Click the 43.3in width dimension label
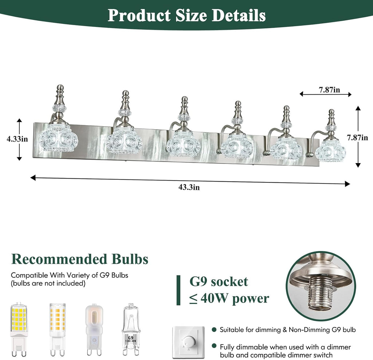[x=189, y=187]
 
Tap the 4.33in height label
[x=17, y=139]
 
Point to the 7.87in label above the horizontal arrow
[x=329, y=90]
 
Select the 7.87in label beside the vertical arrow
[x=357, y=138]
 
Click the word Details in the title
[x=239, y=15]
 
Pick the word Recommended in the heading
[x=59, y=259]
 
